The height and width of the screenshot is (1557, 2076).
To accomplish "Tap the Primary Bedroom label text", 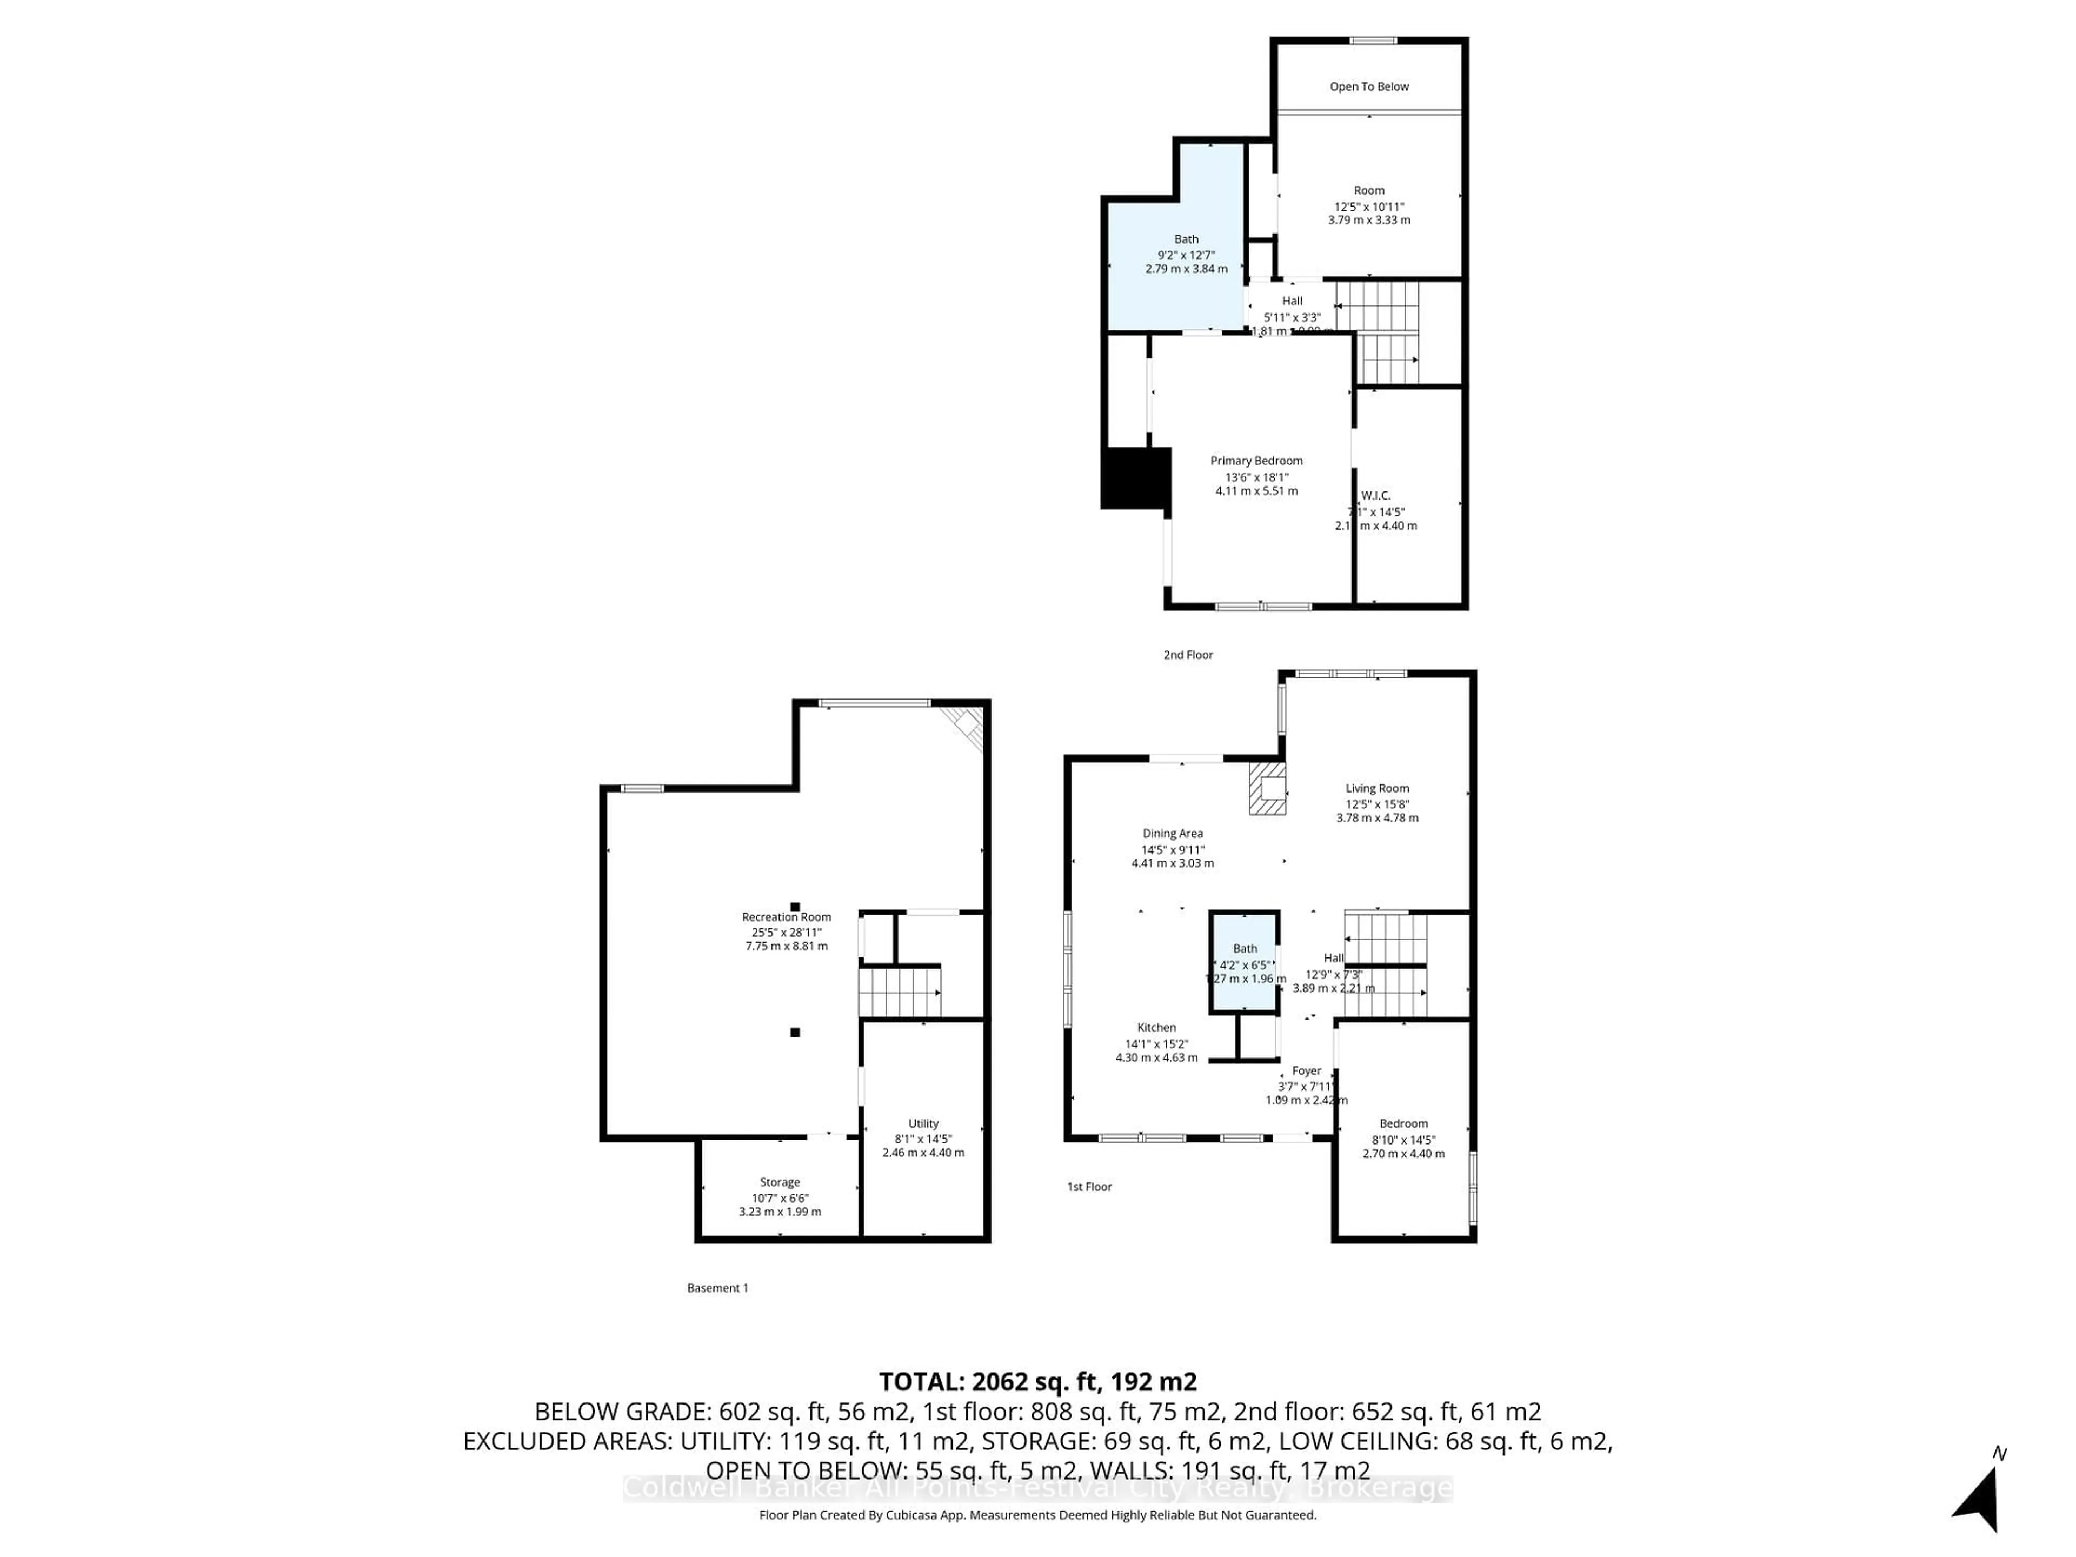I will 1256,461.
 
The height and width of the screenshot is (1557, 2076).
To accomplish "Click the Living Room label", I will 1377,788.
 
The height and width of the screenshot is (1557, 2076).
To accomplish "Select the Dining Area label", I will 1172,834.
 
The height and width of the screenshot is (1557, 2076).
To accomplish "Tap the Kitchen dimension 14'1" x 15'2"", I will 1156,1043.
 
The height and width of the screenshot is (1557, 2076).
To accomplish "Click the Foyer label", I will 1306,1071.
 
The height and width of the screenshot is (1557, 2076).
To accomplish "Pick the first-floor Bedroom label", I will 1403,1123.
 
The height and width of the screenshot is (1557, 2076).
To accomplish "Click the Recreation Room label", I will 787,917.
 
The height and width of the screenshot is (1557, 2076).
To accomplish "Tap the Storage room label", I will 780,1182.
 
